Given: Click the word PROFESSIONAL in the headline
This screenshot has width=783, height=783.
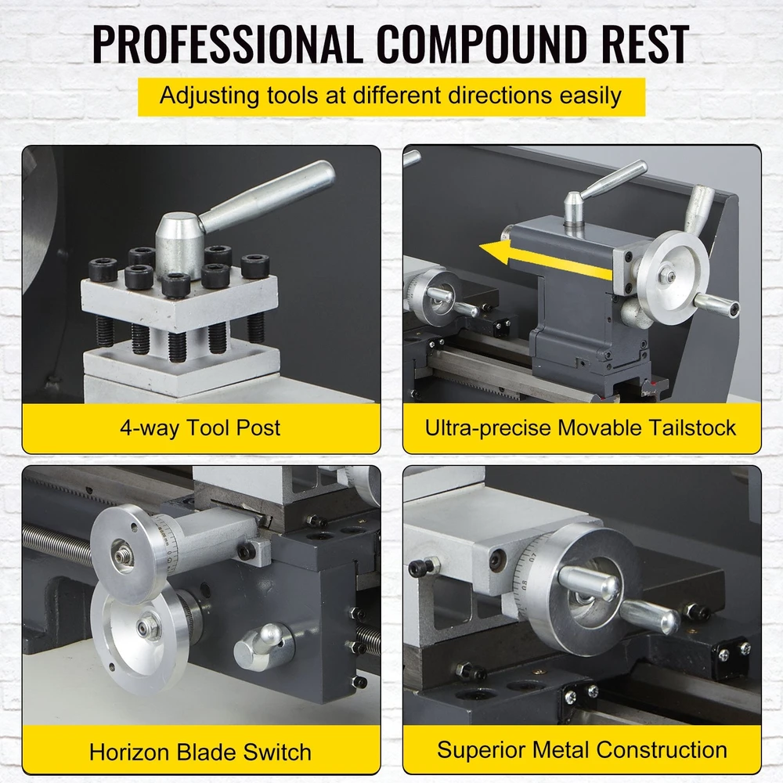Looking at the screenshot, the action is [x=228, y=45].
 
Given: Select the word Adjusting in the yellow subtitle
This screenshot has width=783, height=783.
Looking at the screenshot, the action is [x=209, y=96].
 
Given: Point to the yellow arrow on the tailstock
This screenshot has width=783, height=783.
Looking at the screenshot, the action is [x=544, y=258].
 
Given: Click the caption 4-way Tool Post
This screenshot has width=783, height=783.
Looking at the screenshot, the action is [x=200, y=428].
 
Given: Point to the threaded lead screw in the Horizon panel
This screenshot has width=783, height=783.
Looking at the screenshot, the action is [x=57, y=544].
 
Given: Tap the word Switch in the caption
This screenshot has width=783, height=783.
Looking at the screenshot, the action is [x=277, y=752].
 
